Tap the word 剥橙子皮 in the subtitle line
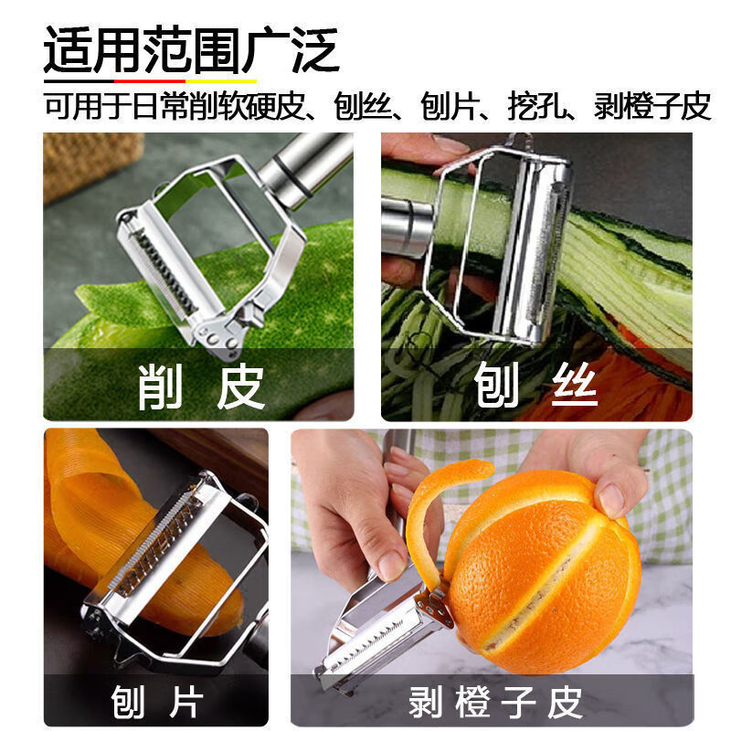(x=651, y=106)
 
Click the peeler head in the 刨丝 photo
(x=530, y=247)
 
